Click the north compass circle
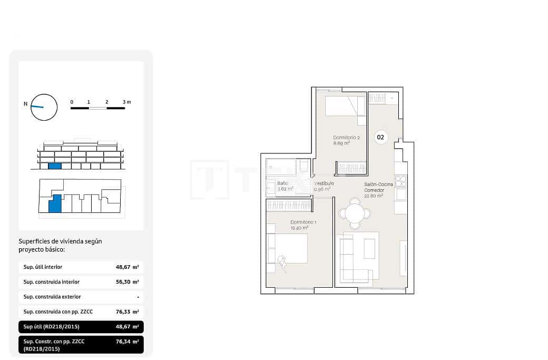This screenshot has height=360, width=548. pos(44,107)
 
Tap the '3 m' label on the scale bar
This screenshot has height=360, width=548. pos(126,101)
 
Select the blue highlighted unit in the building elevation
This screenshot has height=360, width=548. pos(55,166)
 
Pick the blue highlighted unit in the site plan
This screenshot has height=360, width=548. pos(55,203)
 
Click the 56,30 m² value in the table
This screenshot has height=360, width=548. pos(127,282)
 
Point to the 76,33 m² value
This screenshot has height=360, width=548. pos(127,312)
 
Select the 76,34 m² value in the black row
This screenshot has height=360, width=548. pos(127,342)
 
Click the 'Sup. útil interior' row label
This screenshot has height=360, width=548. pos(43,267)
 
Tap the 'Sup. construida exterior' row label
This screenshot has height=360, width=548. pos(51,297)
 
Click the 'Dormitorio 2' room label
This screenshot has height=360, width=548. pos(346,138)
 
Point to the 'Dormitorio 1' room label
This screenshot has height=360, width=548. pos(303,222)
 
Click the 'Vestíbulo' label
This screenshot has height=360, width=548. pos(324,183)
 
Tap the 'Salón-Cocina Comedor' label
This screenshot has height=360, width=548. pos(378,187)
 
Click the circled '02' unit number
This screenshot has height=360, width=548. pos(381,137)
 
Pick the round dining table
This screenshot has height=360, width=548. pos(355,213)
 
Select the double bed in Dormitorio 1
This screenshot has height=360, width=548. pos(287,249)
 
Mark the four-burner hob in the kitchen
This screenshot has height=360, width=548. pos(400,181)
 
